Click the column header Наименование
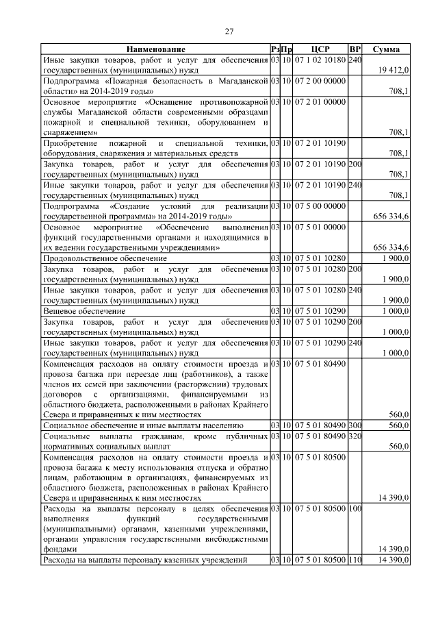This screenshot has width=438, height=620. coord(155,50)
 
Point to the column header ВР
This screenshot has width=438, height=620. coord(355,50)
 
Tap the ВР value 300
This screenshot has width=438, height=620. coord(355,425)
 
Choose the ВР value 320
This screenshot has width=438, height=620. coord(355,436)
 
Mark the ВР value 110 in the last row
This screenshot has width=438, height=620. coord(355,560)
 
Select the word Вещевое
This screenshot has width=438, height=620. coord(60,310)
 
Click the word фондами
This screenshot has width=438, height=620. coord(60,549)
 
